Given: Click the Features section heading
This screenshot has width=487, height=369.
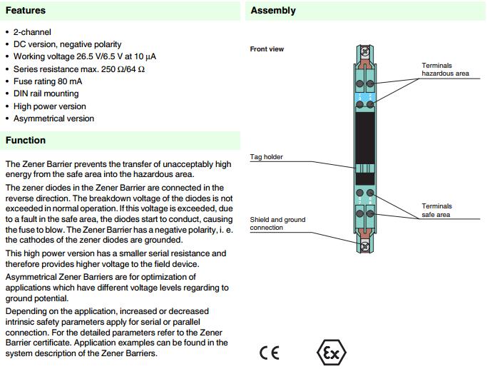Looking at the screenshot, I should [26, 11].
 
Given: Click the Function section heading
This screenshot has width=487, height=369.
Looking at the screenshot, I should [26, 141].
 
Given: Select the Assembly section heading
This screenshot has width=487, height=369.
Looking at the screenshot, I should [273, 11].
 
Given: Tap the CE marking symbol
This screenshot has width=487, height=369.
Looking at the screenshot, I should [270, 353].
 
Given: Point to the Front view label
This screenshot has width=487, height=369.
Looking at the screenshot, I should [267, 49].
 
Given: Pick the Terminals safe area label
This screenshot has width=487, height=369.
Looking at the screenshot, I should [436, 211].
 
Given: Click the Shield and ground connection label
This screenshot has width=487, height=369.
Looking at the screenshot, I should [277, 223].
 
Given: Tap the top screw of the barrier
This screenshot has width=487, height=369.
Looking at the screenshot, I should [366, 52].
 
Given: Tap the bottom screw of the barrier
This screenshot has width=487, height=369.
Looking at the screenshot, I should [366, 247].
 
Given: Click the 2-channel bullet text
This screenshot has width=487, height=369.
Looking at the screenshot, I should [32, 33].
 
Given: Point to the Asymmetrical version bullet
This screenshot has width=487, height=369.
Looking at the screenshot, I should [53, 118].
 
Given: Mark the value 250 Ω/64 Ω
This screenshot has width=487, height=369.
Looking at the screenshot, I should [128, 69].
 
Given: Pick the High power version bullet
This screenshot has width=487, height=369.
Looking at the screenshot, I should [48, 106].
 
